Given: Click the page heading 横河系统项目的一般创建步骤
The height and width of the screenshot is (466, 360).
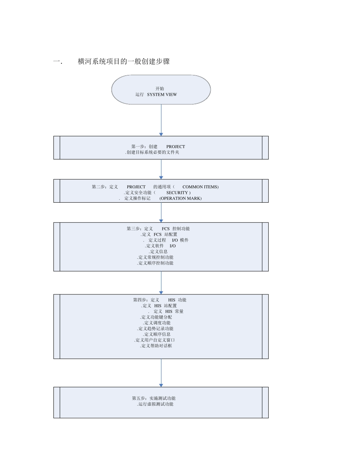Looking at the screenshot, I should [124, 61].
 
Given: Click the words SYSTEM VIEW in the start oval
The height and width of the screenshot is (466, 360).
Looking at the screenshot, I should [162, 95].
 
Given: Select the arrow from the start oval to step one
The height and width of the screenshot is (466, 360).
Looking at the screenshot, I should [161, 120].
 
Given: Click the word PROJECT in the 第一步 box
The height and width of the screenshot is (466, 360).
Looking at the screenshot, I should [175, 147].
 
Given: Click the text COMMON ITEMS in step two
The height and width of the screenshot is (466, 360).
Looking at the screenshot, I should [200, 187].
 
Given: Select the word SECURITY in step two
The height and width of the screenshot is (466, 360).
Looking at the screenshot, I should [177, 192].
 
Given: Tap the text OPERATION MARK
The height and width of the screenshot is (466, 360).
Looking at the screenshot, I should [180, 198].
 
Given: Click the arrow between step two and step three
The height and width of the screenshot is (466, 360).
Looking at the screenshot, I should [161, 212].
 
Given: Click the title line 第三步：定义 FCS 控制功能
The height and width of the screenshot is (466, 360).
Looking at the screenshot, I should [158, 229].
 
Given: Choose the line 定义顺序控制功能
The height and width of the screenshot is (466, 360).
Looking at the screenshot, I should [155, 263].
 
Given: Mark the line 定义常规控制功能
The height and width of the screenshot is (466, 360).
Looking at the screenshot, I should [155, 257].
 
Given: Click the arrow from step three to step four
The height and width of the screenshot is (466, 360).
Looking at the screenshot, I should [161, 283].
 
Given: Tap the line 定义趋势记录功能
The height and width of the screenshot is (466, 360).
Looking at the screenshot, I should [155, 328].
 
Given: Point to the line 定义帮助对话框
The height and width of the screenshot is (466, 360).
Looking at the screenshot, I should [156, 346].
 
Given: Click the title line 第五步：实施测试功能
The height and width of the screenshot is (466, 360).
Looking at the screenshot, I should [153, 399].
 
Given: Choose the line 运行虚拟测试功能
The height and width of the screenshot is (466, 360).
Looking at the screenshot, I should [155, 404].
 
